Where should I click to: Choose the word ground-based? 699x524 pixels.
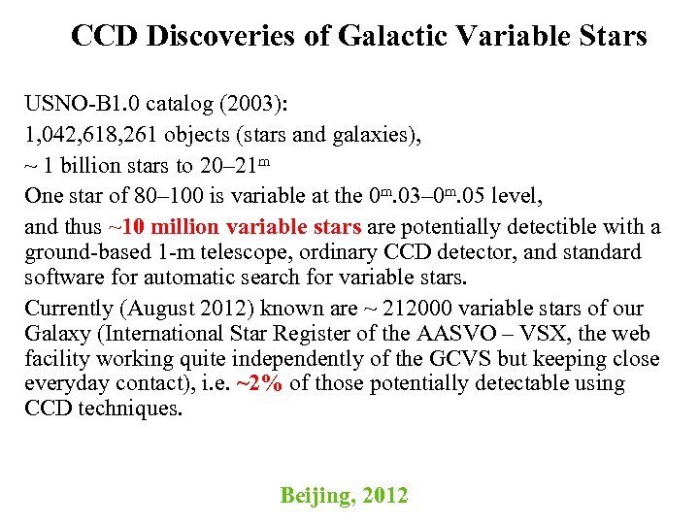pos(85,252)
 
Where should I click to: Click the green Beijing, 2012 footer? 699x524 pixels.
pos(344,496)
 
